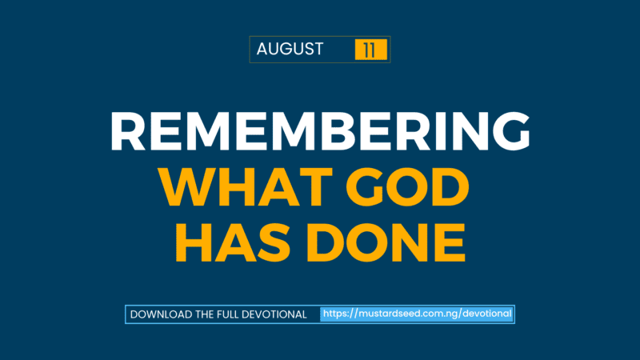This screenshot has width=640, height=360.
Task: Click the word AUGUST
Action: (x=290, y=49)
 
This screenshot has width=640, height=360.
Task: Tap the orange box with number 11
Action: (x=370, y=50)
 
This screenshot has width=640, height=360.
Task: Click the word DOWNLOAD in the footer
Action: (x=161, y=314)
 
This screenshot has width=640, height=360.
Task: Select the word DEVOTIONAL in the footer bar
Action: (x=274, y=314)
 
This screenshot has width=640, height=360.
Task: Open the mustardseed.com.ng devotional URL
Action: (x=417, y=314)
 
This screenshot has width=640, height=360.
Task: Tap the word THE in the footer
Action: (x=203, y=314)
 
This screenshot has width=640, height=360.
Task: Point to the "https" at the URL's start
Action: (x=335, y=314)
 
